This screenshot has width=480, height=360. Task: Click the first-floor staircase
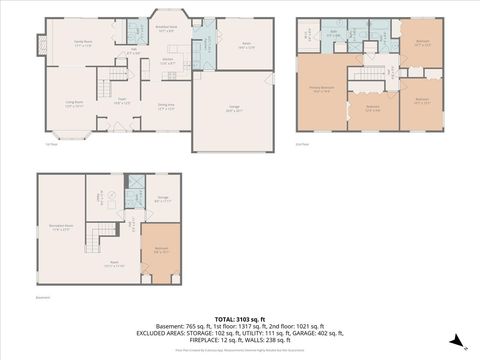pyautogui.click(x=119, y=76)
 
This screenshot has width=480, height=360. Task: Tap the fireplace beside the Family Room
pyautogui.click(x=41, y=46)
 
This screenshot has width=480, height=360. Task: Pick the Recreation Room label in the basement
pyautogui.click(x=60, y=228)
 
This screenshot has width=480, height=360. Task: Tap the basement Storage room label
pyautogui.click(x=163, y=199)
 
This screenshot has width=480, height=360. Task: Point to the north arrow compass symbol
pyautogui.click(x=456, y=341)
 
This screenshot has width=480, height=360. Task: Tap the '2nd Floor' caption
pyautogui.click(x=302, y=144)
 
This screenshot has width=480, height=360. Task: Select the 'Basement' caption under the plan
pyautogui.click(x=42, y=298)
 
